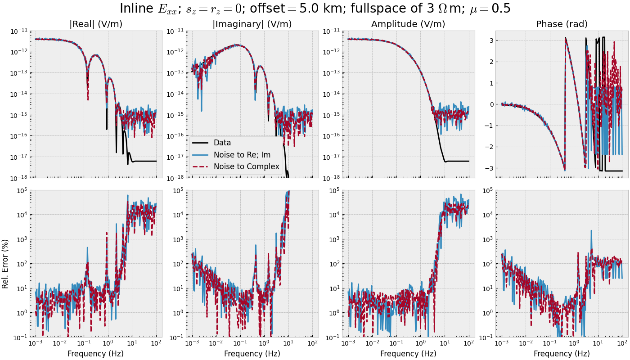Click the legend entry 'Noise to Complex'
point(246,166)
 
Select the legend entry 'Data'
point(222,143)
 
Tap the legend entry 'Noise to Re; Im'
point(242,155)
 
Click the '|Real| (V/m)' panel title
point(96,24)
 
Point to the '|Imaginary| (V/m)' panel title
point(252,24)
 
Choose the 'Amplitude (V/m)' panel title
point(408,24)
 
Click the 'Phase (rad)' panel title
point(562,24)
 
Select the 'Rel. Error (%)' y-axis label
point(5,264)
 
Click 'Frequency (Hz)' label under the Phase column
point(562,354)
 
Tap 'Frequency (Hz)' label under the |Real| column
point(96,354)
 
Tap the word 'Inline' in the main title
point(135,9)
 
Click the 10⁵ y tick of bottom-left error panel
point(22,190)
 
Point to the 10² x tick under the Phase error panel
point(622,343)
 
